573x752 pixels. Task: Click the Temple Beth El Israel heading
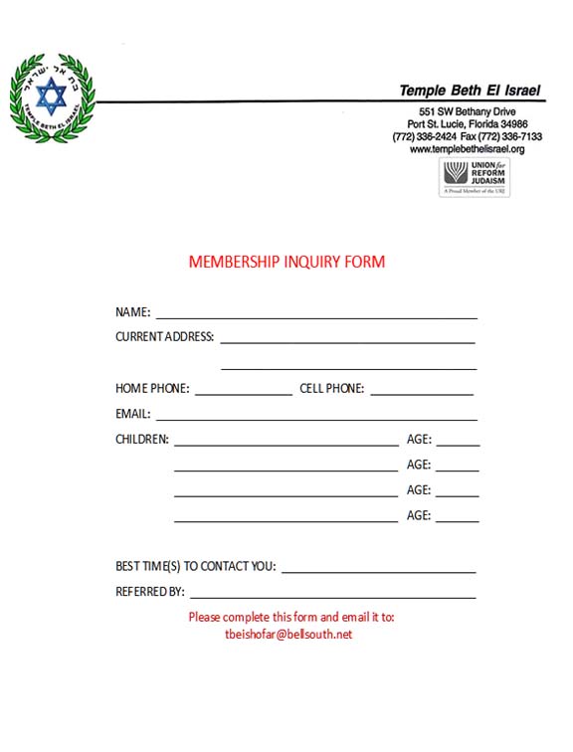tap(470, 91)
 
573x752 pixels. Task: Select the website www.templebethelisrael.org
tap(467, 149)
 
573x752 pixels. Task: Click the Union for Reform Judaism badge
tap(475, 177)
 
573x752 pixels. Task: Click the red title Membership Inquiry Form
tap(286, 263)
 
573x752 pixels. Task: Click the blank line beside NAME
tap(316, 316)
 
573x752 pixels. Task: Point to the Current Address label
tap(164, 337)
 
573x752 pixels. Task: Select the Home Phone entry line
tap(243, 394)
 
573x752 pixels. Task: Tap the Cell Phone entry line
tap(421, 394)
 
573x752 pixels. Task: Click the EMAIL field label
tap(133, 414)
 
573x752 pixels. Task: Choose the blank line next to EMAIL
tap(316, 419)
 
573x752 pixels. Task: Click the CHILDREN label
tap(142, 440)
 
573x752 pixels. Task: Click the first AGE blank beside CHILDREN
tap(457, 445)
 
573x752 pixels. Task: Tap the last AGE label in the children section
tap(419, 515)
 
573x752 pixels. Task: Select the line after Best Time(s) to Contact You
tap(378, 572)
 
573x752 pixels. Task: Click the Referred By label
tap(150, 592)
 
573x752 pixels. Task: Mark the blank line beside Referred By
tap(333, 597)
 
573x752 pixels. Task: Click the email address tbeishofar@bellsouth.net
tap(289, 635)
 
